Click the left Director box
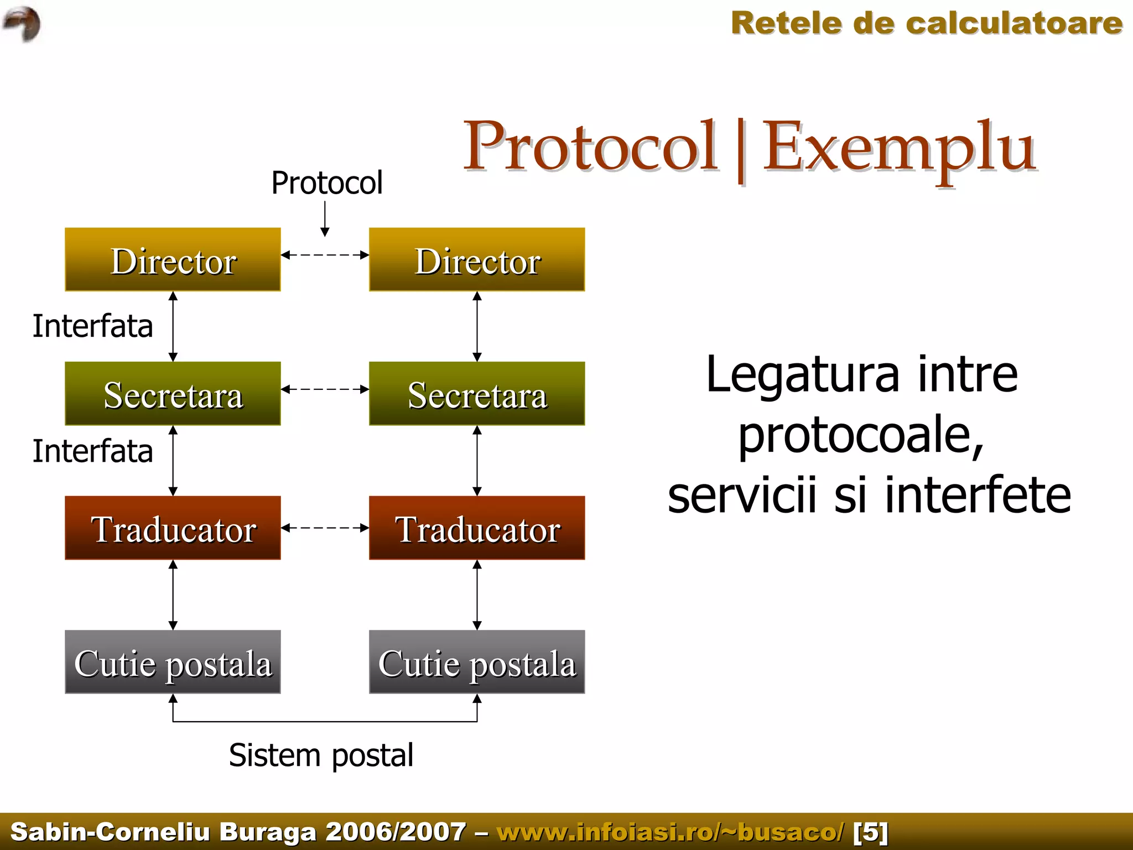coord(173,259)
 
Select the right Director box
coord(477,259)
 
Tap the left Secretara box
coord(173,394)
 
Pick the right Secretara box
coord(477,394)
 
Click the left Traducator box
coord(173,528)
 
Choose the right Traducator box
coord(477,528)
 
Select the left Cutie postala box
coord(173,662)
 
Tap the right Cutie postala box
coord(477,662)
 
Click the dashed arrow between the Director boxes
coord(325,255)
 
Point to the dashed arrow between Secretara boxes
coord(325,389)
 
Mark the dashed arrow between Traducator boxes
coord(325,528)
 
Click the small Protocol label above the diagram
coord(326,183)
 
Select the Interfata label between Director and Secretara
coord(92,326)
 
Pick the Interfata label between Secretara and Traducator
coord(92,451)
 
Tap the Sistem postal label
coord(321,755)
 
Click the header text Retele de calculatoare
coord(926,24)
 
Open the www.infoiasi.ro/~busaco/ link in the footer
coord(671,832)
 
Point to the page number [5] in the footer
coord(870,832)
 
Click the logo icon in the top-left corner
coord(22,23)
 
